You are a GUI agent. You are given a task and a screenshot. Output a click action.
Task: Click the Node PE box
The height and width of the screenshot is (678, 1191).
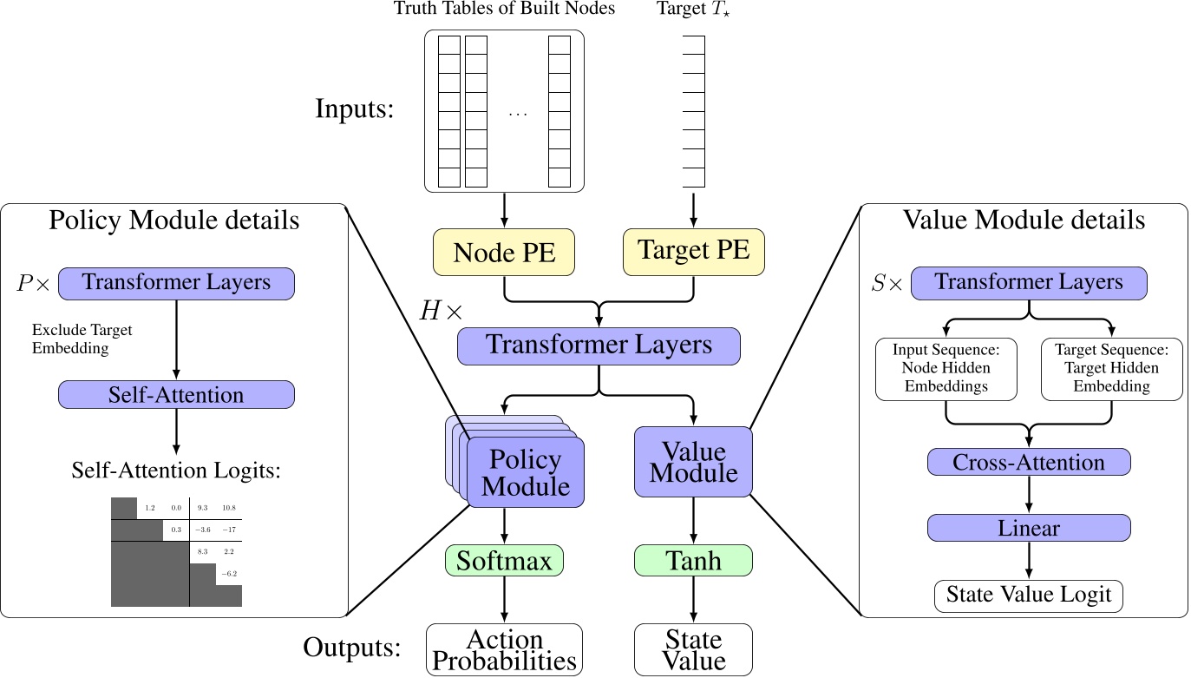point(507,251)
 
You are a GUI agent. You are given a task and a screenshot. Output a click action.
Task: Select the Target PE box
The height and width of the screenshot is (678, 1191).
point(694,251)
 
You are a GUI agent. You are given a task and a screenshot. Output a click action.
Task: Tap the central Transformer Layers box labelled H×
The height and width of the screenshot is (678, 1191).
point(599,345)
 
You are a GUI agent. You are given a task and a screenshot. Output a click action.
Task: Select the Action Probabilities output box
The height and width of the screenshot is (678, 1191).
point(504,649)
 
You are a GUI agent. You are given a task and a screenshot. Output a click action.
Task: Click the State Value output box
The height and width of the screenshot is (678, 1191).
point(693,649)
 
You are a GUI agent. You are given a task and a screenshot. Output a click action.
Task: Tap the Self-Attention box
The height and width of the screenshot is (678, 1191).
point(176,395)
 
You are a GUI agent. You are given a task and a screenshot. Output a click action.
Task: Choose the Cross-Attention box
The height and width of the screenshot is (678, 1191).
point(1029,462)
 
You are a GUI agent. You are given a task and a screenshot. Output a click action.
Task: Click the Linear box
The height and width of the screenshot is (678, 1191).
point(1029,527)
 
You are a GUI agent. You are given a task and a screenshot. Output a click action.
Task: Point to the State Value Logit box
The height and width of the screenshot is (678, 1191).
point(1029,596)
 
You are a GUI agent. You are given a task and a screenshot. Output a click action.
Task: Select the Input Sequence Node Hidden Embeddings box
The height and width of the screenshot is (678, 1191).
point(946,369)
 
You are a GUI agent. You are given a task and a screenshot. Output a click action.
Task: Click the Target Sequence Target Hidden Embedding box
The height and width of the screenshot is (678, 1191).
point(1111,369)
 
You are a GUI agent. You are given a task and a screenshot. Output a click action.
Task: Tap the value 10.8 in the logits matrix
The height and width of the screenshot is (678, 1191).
point(229,507)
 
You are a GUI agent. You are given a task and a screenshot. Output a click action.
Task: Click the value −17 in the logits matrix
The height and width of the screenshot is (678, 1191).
point(229,530)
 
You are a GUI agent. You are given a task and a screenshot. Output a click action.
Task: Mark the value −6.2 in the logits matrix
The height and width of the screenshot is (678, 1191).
point(229,574)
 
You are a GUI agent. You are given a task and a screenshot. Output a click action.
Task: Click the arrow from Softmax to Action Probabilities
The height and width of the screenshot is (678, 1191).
point(504,599)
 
